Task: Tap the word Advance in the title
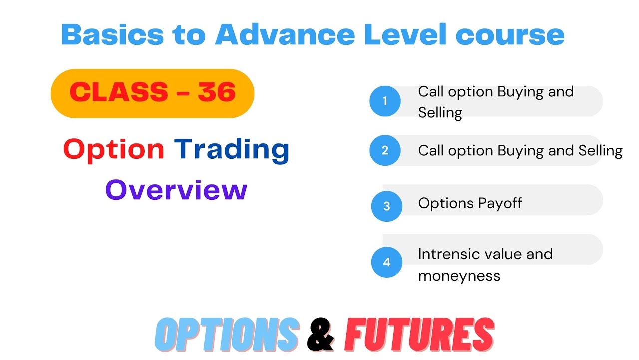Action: click(285, 34)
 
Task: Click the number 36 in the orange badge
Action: click(216, 92)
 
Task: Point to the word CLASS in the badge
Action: click(119, 92)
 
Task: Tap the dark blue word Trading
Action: click(232, 149)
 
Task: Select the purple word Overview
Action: click(176, 190)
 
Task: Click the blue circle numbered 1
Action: click(385, 101)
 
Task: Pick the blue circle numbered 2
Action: click(385, 150)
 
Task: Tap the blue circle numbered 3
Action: click(387, 206)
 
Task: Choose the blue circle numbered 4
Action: click(387, 262)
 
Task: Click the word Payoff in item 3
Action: click(500, 203)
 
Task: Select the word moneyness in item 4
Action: click(459, 276)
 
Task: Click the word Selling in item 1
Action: click(440, 113)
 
